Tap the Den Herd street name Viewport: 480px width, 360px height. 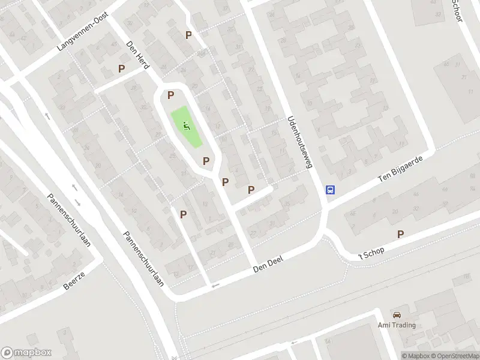pyautogui.click(x=137, y=54)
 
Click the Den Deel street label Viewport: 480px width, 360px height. pyautogui.click(x=268, y=262)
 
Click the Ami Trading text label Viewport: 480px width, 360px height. pyautogui.click(x=397, y=325)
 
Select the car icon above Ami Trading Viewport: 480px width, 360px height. pyautogui.click(x=397, y=315)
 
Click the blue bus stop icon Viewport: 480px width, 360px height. pyautogui.click(x=331, y=190)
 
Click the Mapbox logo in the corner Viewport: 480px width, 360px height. pyautogui.click(x=26, y=353)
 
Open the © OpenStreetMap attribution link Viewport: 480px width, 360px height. pyautogui.click(x=455, y=355)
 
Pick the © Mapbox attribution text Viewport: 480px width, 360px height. pyautogui.click(x=415, y=355)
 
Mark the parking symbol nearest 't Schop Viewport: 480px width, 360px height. pyautogui.click(x=400, y=234)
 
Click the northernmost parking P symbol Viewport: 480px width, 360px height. pyautogui.click(x=188, y=35)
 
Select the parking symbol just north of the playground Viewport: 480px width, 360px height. pyautogui.click(x=171, y=95)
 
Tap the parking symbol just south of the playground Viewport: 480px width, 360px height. pyautogui.click(x=206, y=161)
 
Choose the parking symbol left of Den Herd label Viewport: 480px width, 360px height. pyautogui.click(x=122, y=69)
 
